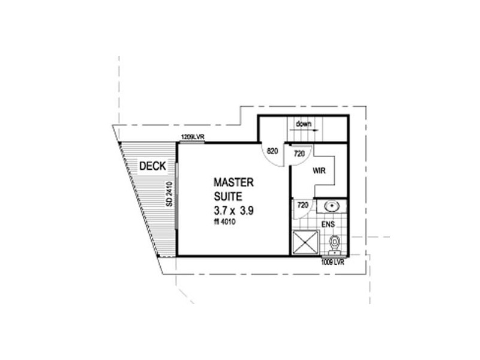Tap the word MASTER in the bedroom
[x=234, y=182]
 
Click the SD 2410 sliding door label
[x=170, y=196]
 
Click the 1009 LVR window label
[x=334, y=262]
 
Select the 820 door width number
[x=271, y=152]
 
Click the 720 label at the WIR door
[x=299, y=154]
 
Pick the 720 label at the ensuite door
[x=303, y=206]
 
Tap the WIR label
[x=319, y=170]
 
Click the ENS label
[x=327, y=224]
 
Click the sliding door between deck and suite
[x=178, y=198]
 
